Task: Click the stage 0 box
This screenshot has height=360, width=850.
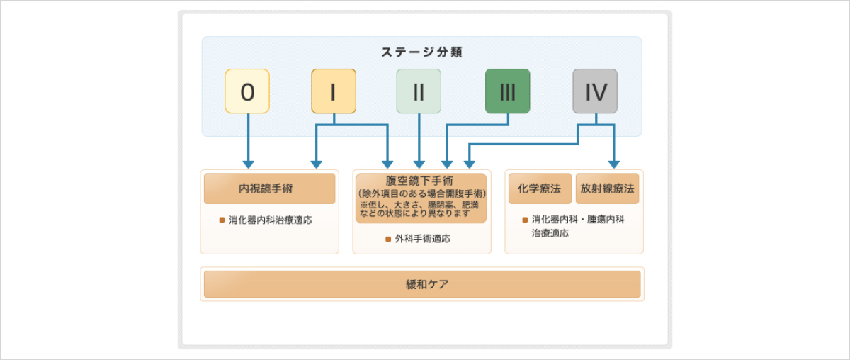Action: coord(247,91)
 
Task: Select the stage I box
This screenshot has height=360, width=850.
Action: coord(334,91)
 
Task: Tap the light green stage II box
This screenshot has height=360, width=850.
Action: coord(419,91)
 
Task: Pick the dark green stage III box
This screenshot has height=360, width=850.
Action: coord(508,91)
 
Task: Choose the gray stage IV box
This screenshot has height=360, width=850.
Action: coord(595,91)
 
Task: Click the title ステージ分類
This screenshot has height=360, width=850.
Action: coord(421,52)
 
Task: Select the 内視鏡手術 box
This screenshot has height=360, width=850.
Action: coord(269,189)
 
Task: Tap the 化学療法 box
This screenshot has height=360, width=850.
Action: coord(540,189)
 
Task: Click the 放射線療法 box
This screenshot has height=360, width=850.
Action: coord(607,189)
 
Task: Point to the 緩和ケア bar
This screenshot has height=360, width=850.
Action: coord(422,284)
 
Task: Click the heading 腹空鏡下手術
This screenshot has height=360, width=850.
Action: coord(419,181)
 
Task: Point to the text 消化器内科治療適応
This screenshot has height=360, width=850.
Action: coord(270,220)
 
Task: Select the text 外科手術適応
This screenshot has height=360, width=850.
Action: coord(423,239)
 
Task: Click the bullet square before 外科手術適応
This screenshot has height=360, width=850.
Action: coord(388,240)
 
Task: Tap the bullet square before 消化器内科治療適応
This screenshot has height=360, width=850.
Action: coord(222,220)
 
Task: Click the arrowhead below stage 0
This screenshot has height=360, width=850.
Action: coord(248,164)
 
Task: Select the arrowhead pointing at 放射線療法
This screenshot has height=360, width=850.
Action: coord(614,164)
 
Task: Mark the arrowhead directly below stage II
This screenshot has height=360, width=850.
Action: coord(419,164)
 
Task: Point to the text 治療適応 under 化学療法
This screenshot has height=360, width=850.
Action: coord(550,233)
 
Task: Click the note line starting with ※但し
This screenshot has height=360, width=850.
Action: coord(419,205)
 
